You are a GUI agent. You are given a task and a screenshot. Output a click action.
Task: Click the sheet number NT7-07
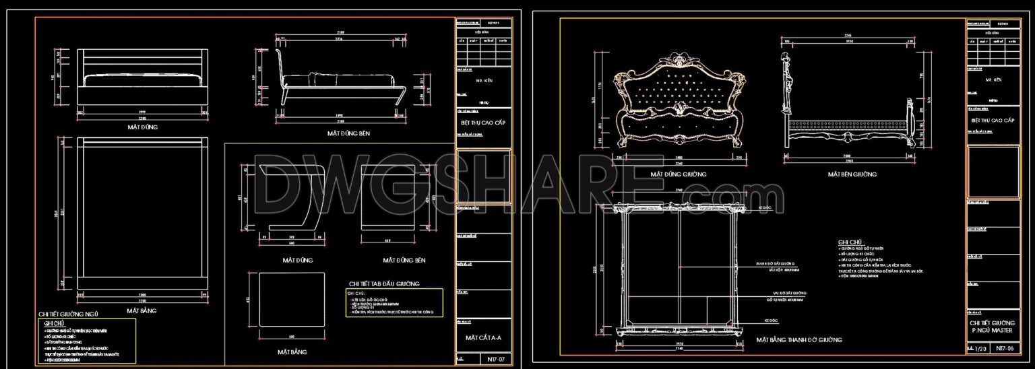(495, 360)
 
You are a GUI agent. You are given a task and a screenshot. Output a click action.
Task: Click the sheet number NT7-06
(1004, 348)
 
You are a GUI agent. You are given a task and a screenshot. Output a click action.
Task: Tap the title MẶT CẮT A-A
(483, 337)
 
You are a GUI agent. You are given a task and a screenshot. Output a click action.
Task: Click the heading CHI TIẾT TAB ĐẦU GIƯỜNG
(384, 283)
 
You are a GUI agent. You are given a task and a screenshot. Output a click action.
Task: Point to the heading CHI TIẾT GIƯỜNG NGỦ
(69, 314)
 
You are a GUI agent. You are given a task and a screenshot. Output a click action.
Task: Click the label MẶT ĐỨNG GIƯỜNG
(678, 174)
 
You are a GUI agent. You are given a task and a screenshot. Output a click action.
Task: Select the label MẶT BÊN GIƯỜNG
(852, 174)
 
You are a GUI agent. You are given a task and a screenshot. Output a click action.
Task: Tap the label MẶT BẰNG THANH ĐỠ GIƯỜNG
(798, 340)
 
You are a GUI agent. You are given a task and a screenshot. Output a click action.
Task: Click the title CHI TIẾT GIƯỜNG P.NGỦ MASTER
(993, 327)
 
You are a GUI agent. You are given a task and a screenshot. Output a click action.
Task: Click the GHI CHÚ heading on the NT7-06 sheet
(851, 242)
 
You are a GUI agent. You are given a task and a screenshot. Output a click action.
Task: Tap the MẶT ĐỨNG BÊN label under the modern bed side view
(348, 133)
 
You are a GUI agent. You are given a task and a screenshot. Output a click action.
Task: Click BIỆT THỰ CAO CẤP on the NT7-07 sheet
(483, 122)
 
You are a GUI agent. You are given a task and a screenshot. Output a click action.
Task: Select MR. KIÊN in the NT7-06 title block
(993, 79)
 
